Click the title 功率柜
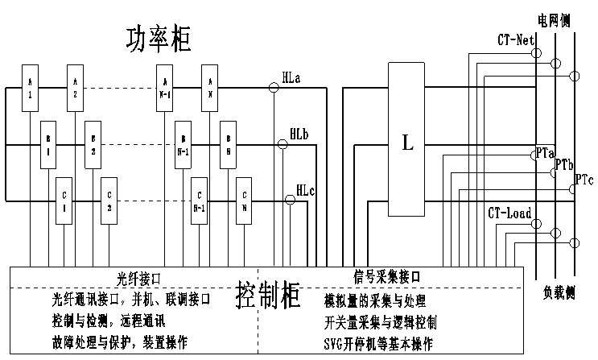[159, 39]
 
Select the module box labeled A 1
[30, 87]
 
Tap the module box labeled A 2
[75, 87]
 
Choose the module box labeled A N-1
[165, 87]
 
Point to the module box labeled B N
[229, 145]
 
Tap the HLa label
[292, 77]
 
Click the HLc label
[306, 190]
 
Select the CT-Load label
[509, 213]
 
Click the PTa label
[545, 151]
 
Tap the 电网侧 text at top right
[554, 19]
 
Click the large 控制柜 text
[269, 296]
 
